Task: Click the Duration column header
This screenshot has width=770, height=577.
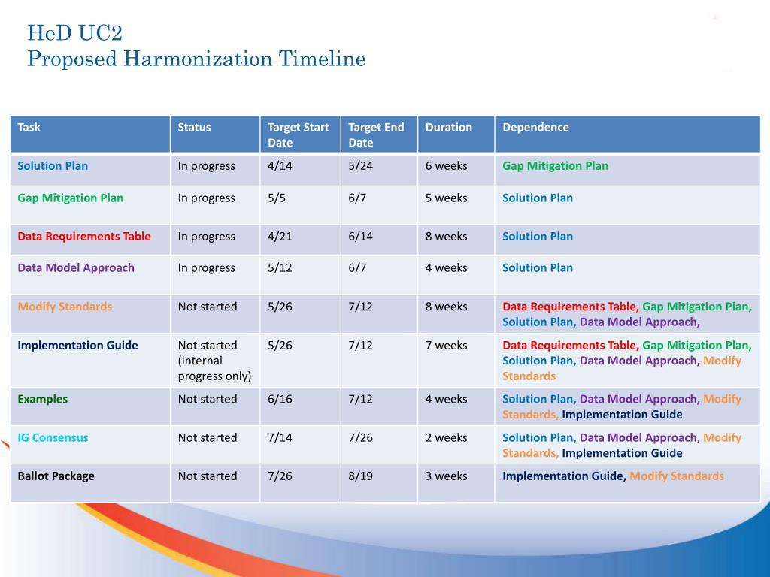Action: coord(448,128)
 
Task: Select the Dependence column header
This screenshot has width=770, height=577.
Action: coord(535,128)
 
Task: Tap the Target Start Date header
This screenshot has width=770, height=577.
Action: coord(298,135)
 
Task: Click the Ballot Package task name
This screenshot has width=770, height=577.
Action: coord(56,476)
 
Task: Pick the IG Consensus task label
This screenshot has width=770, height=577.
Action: coord(53,438)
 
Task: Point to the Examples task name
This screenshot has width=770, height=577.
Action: coord(43,400)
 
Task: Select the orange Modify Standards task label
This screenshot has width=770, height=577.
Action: coord(65,307)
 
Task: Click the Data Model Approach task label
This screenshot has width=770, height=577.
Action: coord(76,268)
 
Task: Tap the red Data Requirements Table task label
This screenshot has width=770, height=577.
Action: coord(84,237)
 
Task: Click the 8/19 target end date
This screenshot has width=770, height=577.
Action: coord(360,476)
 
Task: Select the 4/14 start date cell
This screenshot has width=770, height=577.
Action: coord(280,166)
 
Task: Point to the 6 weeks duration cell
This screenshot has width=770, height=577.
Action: coord(447,166)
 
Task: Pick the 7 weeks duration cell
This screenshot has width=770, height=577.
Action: coord(447,346)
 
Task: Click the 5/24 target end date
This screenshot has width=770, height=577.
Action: coord(360,166)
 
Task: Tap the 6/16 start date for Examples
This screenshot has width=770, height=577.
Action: coord(280,400)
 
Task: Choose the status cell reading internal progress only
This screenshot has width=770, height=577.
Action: coord(214,361)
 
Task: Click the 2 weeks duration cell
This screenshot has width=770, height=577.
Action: coord(447,438)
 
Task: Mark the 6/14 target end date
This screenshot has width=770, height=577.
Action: coord(360,237)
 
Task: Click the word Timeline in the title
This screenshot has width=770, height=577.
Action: coord(322,59)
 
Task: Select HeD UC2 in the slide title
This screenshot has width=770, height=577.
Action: coord(74,33)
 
